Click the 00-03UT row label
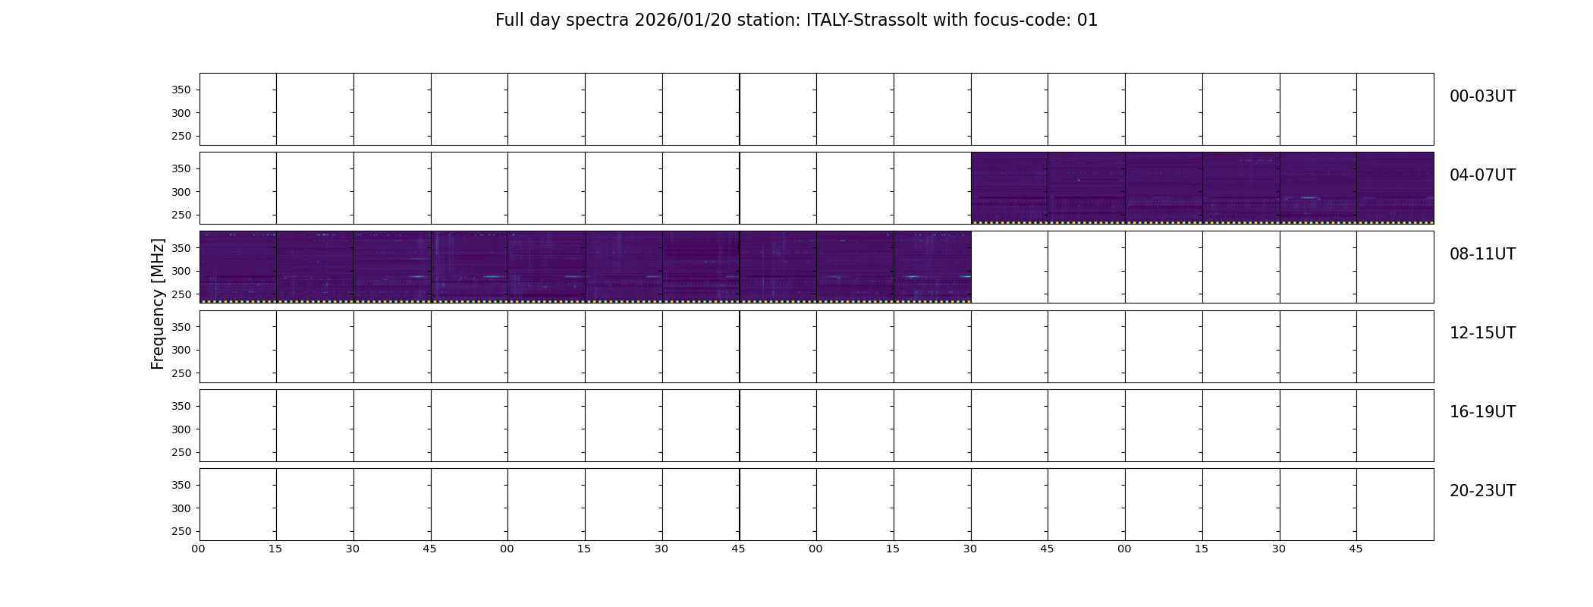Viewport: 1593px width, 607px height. [1482, 96]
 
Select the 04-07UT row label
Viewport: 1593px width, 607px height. [1482, 175]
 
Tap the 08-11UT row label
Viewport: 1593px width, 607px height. [1482, 254]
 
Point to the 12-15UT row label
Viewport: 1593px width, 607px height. [1482, 333]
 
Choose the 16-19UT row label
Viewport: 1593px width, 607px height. [1482, 412]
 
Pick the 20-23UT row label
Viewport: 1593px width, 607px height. [1482, 491]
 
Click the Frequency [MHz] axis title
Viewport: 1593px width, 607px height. [158, 303]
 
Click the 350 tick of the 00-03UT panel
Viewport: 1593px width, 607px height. [181, 90]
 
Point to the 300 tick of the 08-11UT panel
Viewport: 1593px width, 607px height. [181, 272]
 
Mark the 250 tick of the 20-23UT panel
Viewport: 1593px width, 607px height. [181, 532]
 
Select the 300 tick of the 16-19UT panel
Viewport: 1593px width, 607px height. [181, 429]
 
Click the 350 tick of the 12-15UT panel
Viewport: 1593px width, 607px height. [181, 327]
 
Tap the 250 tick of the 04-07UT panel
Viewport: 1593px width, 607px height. [181, 215]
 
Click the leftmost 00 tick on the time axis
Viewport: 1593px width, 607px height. [198, 549]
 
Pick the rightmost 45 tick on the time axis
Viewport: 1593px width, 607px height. [1356, 549]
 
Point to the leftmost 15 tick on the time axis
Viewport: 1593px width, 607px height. [275, 549]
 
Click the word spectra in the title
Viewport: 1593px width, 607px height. [597, 21]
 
